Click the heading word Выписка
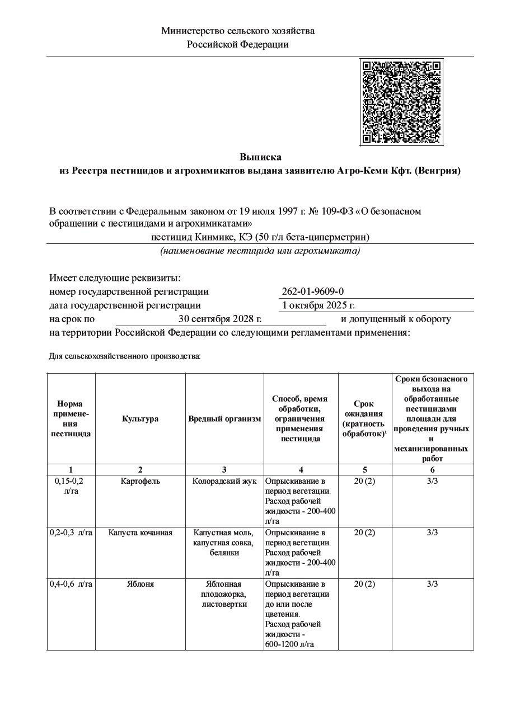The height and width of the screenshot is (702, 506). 260,157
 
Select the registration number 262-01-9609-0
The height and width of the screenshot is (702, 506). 313,291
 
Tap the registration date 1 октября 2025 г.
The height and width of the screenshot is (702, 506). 318,305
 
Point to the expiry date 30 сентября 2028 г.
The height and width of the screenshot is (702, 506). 220,319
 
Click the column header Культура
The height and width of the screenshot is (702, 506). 140,419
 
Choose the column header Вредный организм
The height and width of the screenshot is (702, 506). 224,419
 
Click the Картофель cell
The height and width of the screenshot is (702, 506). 140,481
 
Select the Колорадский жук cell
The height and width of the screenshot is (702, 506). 224,481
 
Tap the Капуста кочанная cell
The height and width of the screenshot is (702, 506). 140,533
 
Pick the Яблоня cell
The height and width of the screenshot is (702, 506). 140,584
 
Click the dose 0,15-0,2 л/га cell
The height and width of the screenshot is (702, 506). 71,486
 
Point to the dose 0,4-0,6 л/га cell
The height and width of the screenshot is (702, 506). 71,584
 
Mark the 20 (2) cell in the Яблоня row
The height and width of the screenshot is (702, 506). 365,584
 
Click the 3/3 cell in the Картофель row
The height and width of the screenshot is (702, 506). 432,481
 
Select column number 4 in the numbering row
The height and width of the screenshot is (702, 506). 301,469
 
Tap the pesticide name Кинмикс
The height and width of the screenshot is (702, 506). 222,237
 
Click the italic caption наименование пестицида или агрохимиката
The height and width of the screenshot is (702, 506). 260,251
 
